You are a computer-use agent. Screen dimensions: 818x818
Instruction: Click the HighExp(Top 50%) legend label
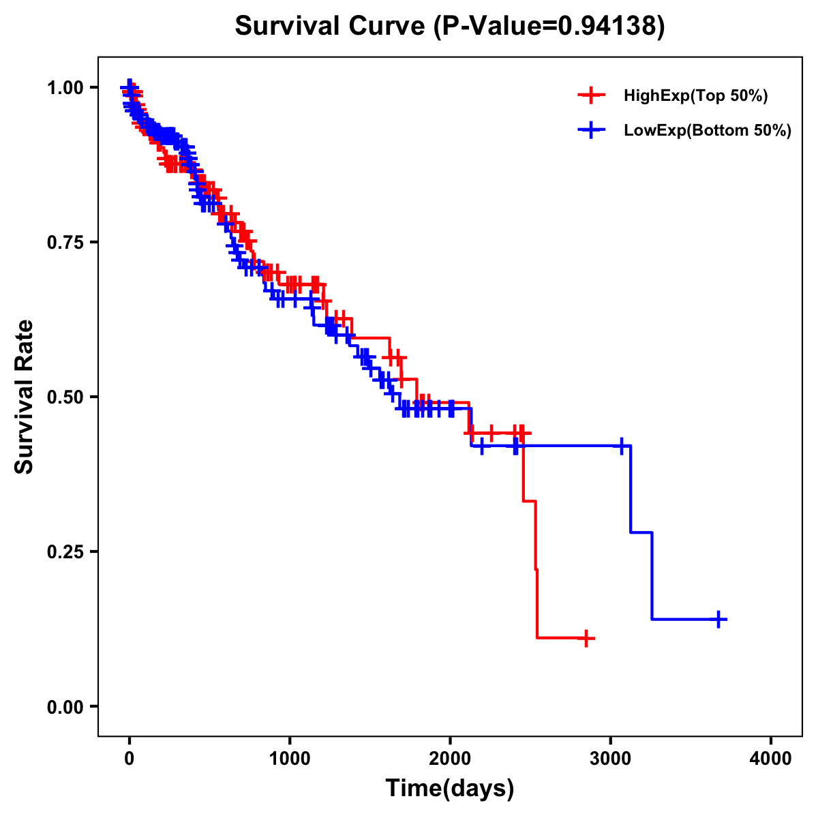695,96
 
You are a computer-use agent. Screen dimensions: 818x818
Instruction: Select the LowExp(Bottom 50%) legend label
708,131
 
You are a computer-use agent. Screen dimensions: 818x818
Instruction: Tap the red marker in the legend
591,96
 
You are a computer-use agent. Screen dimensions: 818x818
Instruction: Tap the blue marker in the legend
591,131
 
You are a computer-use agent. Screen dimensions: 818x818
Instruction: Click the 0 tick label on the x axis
129,759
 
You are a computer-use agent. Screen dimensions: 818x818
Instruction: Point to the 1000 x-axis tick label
290,759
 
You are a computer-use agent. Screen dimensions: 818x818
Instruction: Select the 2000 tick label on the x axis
450,759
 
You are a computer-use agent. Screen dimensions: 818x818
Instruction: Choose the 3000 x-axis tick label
611,759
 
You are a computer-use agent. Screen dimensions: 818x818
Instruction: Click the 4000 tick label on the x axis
771,759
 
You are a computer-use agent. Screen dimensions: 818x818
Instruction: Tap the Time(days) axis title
450,789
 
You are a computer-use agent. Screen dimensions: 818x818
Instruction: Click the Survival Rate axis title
25,397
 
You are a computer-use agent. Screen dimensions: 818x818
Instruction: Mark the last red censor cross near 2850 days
586,638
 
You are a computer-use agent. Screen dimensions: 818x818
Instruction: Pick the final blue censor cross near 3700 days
718,619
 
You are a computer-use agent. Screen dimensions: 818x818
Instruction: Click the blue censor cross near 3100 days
622,446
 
